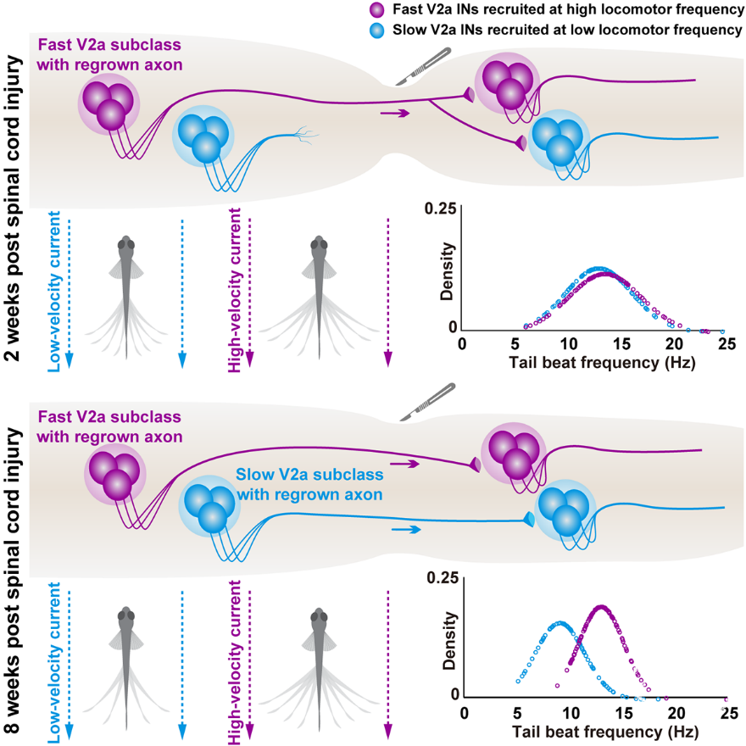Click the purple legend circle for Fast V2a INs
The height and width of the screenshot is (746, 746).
click(x=376, y=10)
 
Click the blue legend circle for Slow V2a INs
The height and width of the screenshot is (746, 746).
click(x=376, y=31)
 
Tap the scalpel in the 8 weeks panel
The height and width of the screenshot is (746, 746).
click(x=427, y=402)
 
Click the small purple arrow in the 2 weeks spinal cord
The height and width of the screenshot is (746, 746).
click(x=395, y=114)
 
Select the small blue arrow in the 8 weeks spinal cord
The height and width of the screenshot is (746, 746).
click(x=406, y=530)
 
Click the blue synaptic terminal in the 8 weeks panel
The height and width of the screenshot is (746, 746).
click(x=529, y=520)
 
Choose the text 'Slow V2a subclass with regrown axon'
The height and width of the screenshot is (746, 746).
click(x=309, y=484)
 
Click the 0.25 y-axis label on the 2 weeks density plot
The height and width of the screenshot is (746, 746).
click(x=440, y=209)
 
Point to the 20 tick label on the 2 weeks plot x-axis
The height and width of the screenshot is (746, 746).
click(x=674, y=343)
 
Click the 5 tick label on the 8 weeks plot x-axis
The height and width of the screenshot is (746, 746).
click(x=517, y=713)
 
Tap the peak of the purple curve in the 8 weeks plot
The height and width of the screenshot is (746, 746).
click(x=601, y=607)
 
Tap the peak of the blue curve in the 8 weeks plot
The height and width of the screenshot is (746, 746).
click(x=559, y=623)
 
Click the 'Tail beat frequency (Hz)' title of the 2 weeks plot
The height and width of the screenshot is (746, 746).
click(x=603, y=363)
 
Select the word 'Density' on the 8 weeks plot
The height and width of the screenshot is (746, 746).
click(x=449, y=640)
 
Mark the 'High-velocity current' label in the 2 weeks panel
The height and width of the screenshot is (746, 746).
click(x=235, y=290)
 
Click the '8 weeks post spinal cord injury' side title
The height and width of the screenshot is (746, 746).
click(x=13, y=584)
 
